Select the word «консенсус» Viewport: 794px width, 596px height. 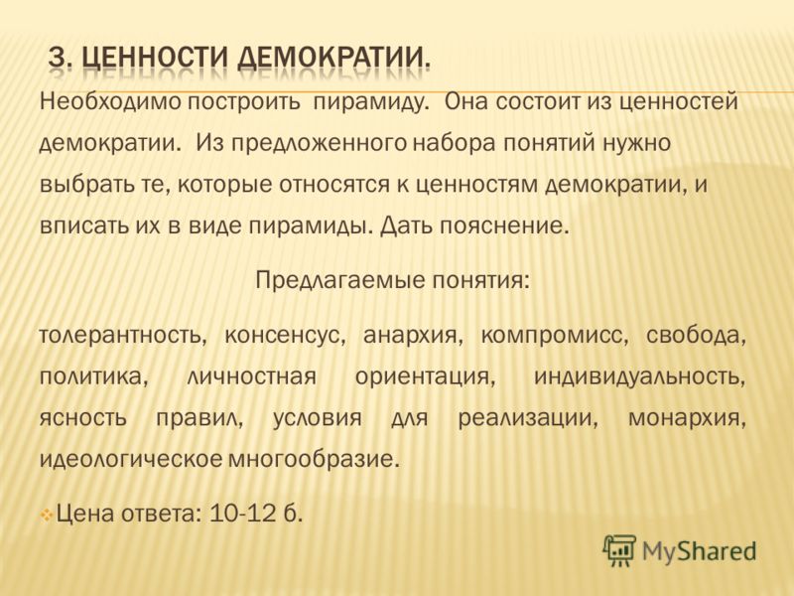(285, 336)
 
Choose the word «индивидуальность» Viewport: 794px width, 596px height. (639, 377)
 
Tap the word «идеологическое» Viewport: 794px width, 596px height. (131, 460)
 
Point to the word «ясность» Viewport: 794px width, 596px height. (82, 419)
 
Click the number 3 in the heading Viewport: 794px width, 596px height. (59, 59)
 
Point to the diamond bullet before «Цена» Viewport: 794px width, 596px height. (47, 516)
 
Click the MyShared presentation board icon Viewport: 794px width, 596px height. (619, 550)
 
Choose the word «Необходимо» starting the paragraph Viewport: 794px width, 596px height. (110, 102)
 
